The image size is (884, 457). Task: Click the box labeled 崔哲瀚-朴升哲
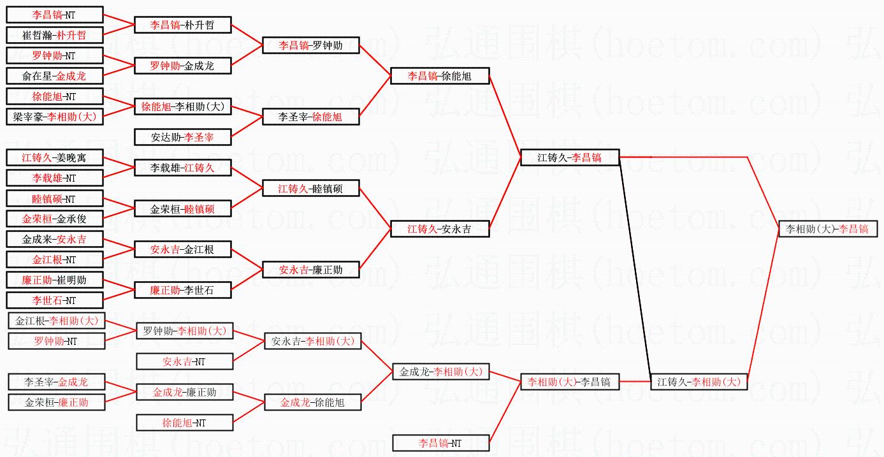54,35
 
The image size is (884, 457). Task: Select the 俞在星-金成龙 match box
54,76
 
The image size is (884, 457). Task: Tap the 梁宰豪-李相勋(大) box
54,117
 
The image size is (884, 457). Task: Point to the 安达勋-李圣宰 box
182,137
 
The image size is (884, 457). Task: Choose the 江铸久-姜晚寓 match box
54,157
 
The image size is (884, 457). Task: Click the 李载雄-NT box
54,178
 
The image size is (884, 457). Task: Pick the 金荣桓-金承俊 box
54,219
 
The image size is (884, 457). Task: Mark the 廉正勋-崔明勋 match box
54,280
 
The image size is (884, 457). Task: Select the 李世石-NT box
54,300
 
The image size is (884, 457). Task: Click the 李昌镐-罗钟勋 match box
311,45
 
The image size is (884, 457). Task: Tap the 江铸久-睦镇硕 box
311,188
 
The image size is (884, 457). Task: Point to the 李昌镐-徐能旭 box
440,76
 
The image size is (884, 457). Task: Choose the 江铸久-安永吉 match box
440,229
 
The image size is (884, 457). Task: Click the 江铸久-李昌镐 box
570,157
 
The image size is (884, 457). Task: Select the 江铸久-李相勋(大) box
699,382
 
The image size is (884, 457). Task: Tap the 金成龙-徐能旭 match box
313,402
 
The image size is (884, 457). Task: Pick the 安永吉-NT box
184,361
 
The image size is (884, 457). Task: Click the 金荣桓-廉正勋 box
56,402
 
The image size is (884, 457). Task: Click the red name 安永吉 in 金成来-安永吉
71,240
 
